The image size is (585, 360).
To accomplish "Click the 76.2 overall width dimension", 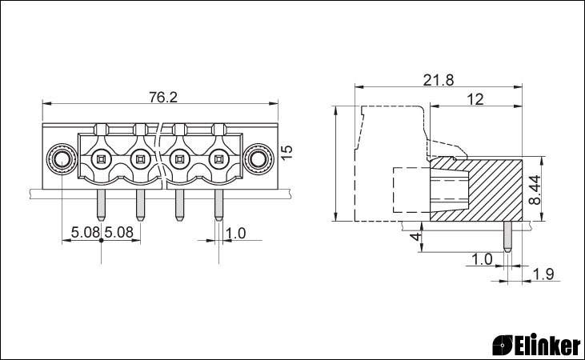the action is (x=163, y=98).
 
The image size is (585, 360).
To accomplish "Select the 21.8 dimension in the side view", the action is (x=439, y=80).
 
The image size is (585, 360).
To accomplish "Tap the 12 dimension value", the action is (x=475, y=99).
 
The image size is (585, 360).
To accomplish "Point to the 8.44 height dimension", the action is (x=535, y=190).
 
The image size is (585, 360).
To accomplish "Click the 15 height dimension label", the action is (x=286, y=153).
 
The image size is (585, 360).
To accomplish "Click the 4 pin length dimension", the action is (x=415, y=236).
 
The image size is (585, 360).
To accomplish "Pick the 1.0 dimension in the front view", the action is (x=236, y=233).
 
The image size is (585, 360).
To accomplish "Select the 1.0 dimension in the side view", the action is (x=482, y=259).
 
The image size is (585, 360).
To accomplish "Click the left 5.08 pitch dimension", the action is (x=86, y=233).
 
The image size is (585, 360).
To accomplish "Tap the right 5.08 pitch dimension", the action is (x=118, y=233).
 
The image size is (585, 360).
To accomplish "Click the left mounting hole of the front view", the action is (x=61, y=160).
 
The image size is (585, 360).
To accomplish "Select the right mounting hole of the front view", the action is (x=258, y=160).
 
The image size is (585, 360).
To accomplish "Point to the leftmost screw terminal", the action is (x=101, y=160).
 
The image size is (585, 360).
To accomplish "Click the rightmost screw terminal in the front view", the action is (x=218, y=160).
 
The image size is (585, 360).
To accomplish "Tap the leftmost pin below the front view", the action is (x=100, y=205).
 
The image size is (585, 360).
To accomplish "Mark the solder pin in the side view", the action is (x=507, y=236).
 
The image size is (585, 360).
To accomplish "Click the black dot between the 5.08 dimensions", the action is (x=101, y=240).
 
